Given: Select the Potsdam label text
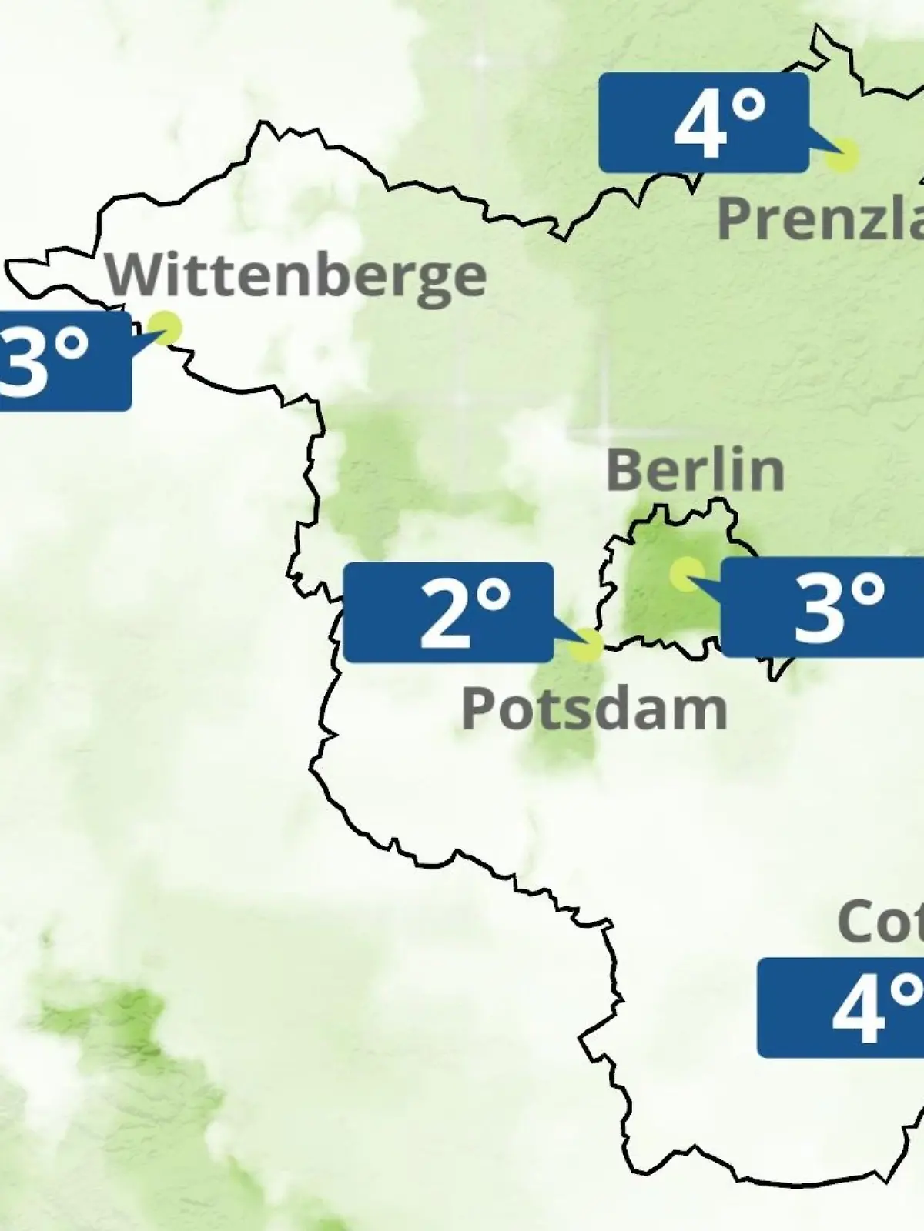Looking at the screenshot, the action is (x=594, y=709).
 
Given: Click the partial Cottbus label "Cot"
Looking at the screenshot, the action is (x=880, y=921).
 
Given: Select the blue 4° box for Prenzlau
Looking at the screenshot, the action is (x=703, y=123).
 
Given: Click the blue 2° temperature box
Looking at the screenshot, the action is (x=448, y=612).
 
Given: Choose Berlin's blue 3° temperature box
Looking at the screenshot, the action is (x=822, y=608).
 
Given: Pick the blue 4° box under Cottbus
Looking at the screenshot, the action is (x=841, y=1008).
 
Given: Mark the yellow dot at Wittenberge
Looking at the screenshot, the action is (x=165, y=328).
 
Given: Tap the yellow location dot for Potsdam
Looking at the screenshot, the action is (x=587, y=645).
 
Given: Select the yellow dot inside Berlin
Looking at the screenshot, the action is (x=685, y=574).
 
